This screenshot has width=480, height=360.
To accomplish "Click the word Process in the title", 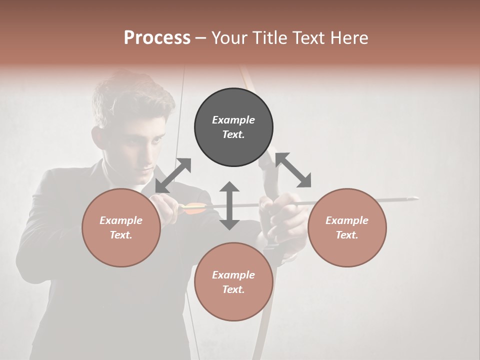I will click(x=157, y=38).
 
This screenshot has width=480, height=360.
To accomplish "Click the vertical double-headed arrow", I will click(x=229, y=205).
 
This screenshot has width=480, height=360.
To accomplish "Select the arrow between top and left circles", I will click(x=173, y=175).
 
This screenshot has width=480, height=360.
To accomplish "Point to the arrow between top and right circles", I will click(x=292, y=170).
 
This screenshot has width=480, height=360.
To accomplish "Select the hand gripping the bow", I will click(x=285, y=215).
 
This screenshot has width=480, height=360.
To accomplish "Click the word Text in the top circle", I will click(x=233, y=134).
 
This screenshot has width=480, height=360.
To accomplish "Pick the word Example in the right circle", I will click(x=347, y=220).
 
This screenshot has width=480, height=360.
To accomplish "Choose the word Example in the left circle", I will click(x=121, y=220).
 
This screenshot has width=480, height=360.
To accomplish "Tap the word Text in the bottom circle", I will click(x=233, y=289).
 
